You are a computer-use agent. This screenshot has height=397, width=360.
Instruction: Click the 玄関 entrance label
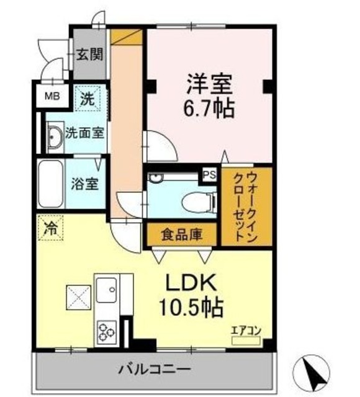[90, 55]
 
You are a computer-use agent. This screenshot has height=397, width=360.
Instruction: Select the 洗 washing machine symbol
[88, 97]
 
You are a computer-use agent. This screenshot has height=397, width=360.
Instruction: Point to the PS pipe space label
[209, 175]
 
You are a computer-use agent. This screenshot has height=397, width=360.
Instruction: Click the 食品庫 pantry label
[181, 234]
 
